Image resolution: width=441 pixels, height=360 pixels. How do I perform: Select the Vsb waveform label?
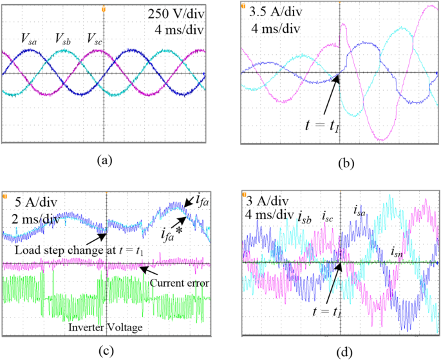63,40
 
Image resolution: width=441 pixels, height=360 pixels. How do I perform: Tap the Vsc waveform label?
94,40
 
